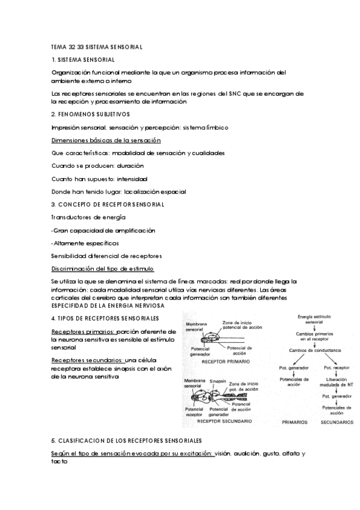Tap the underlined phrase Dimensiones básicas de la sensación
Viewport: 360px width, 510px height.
106,140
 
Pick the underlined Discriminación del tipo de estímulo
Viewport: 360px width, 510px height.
103,269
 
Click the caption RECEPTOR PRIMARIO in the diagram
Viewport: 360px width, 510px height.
224,363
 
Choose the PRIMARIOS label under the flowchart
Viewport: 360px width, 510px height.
295,423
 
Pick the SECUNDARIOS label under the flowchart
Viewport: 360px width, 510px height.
337,423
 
